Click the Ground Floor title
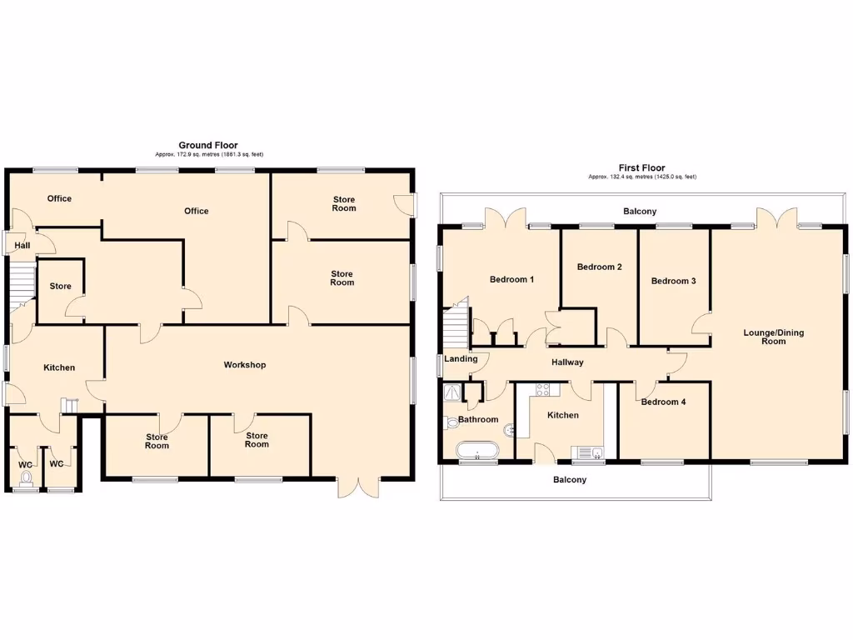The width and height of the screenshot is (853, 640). (x=208, y=145)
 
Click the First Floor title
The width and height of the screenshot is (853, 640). (x=641, y=167)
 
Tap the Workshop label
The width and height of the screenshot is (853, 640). (x=244, y=365)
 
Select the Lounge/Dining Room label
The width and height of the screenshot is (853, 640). (x=774, y=337)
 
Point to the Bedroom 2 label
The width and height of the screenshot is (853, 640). (x=600, y=267)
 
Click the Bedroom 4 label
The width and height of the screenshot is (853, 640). (x=663, y=402)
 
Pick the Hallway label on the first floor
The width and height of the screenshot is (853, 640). (x=567, y=362)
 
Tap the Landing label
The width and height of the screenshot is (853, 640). (x=461, y=359)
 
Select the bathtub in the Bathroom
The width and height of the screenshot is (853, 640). (x=476, y=452)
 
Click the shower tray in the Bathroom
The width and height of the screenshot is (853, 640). (x=453, y=392)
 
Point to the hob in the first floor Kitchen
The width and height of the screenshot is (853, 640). (x=543, y=389)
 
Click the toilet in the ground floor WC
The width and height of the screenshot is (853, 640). (x=26, y=478)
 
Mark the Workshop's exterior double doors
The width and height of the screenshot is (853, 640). (x=359, y=487)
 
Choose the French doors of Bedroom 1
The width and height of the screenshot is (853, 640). (x=507, y=217)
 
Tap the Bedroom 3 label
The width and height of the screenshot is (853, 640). (x=673, y=281)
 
